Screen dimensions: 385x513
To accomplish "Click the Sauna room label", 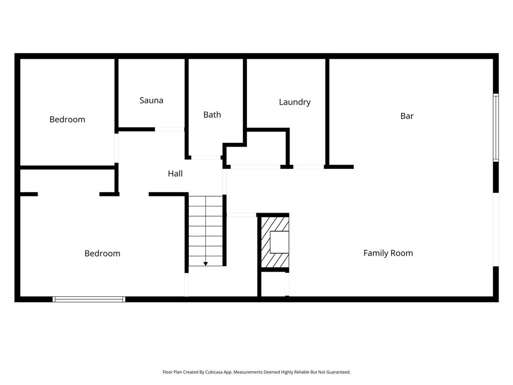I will click(151, 100).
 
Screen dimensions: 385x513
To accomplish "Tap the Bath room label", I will click(212, 115).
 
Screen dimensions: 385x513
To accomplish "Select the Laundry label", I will click(295, 102).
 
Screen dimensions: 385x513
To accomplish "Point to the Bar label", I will click(407, 116).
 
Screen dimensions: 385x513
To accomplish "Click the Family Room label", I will click(388, 253).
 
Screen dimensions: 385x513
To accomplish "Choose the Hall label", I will click(175, 174).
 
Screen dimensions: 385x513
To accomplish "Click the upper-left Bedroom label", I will click(67, 119).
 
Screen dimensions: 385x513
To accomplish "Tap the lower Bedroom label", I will click(102, 254).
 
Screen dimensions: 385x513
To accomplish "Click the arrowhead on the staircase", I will click(205, 263).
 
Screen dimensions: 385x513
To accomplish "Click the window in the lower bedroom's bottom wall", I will click(89, 299).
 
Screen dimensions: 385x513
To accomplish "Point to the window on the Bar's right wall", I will click(495, 127).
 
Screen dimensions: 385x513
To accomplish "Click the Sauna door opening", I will click(169, 129).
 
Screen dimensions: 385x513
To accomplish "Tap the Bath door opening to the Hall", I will click(205, 157).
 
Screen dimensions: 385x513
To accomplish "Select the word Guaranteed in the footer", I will click(338, 372).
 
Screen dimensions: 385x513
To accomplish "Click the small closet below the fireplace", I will click(274, 284).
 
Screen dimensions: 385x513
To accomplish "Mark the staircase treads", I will click(205, 231).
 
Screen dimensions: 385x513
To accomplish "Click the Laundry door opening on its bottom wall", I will click(308, 166).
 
